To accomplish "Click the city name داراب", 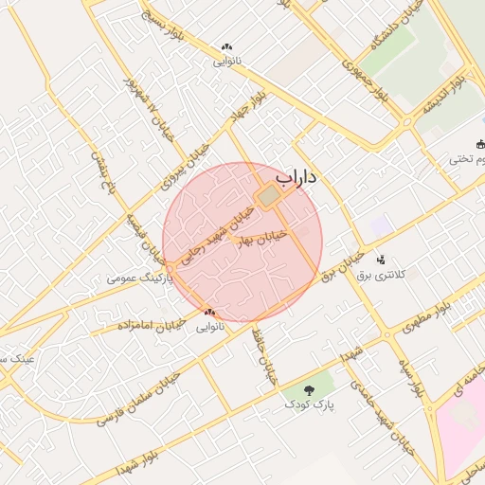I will [296, 177].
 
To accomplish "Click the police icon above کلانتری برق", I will [382, 260].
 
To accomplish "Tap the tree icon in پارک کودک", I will [310, 389].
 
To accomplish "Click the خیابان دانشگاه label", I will [387, 43].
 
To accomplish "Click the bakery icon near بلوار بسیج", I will [226, 46].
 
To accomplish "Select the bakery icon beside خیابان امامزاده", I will [208, 312].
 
